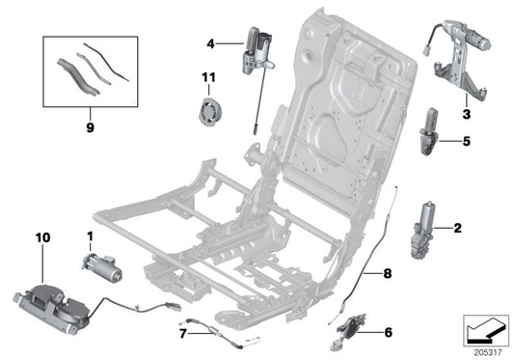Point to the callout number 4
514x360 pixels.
tap(211, 43)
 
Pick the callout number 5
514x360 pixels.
tap(466, 140)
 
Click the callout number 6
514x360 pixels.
tap(389, 333)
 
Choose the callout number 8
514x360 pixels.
tap(388, 274)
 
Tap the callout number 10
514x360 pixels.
tap(41, 236)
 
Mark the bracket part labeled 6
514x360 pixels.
tap(351, 326)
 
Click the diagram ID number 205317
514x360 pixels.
tap(486, 351)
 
